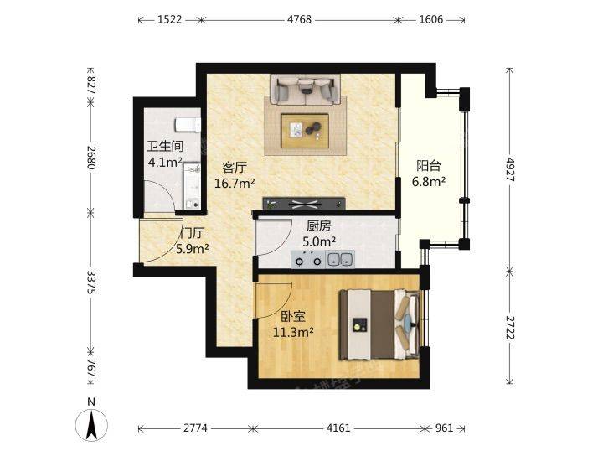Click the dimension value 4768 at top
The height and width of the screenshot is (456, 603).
(x=299, y=19)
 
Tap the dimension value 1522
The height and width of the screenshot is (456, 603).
(x=169, y=19)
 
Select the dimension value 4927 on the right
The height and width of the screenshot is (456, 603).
(x=509, y=169)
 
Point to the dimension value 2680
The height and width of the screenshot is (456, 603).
(x=90, y=158)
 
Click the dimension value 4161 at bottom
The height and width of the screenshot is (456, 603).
(x=338, y=427)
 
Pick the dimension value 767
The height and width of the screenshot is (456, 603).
(x=90, y=367)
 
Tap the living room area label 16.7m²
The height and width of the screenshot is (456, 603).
(x=234, y=184)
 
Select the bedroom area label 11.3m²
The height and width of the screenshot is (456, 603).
(x=293, y=332)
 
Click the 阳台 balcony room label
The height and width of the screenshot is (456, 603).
(x=429, y=166)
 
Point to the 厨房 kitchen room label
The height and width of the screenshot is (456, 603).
(x=318, y=225)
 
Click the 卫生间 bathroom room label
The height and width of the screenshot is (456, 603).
(x=165, y=146)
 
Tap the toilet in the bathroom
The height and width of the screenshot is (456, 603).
(x=188, y=125)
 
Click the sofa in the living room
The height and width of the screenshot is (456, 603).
(x=306, y=90)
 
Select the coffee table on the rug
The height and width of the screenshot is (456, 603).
(x=305, y=131)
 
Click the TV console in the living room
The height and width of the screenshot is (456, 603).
(x=304, y=204)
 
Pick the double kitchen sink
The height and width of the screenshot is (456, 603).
(x=341, y=259)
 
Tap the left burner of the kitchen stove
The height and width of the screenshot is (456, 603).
(x=299, y=262)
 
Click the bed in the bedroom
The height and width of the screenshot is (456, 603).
(x=379, y=325)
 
